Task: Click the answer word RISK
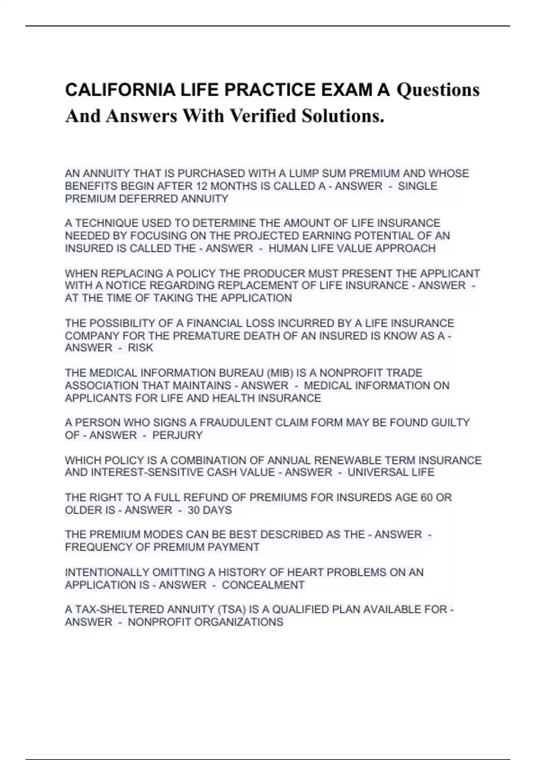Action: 140,348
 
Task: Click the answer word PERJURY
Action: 177,435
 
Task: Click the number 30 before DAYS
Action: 193,510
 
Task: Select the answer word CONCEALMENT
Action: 263,585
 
